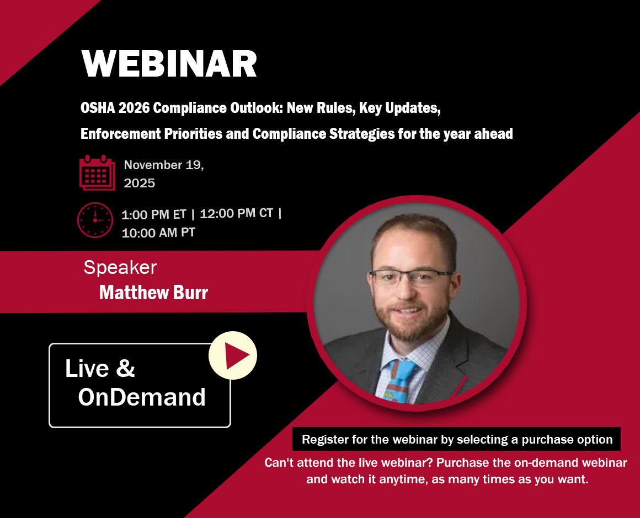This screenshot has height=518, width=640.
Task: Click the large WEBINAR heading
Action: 169,63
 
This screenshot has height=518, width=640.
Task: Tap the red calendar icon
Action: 97,172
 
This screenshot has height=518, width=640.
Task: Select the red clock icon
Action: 95,220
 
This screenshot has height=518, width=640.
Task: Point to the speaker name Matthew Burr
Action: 153,292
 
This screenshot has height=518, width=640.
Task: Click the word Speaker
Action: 120,267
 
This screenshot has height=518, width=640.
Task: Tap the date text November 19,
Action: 164,165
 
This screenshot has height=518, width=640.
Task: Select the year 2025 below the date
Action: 139,183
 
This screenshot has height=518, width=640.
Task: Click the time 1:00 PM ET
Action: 153,214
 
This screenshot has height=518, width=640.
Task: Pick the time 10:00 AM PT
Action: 158,233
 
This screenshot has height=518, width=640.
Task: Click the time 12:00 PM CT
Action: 236,213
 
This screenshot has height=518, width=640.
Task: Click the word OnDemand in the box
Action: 142,397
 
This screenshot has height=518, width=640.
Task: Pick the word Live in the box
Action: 87,368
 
